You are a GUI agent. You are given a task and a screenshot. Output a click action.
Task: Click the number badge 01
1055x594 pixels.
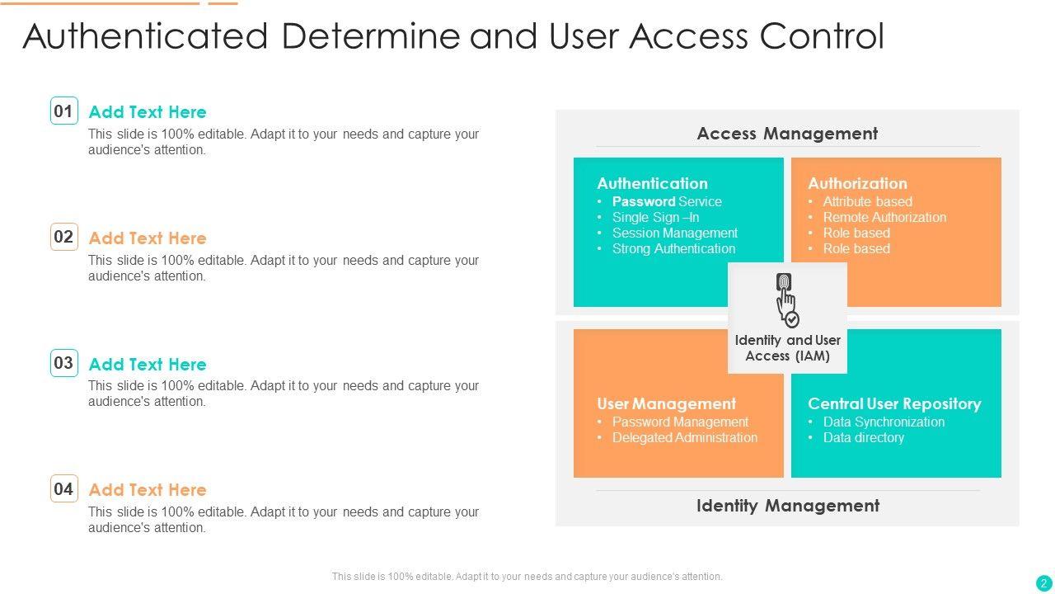[x=63, y=111]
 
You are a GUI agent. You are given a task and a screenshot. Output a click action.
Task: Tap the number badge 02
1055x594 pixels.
[x=63, y=237]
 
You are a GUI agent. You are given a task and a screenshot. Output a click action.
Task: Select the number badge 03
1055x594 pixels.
[x=63, y=363]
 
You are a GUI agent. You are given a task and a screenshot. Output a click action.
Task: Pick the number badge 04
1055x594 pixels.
[x=63, y=488]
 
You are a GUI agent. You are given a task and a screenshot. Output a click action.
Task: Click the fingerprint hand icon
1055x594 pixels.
[x=787, y=299]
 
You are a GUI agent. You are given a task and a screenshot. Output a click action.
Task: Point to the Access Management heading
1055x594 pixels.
[x=787, y=134]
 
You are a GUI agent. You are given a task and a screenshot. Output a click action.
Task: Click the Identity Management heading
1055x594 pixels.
[x=787, y=506]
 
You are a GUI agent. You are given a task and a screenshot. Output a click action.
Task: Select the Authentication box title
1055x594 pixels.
[x=652, y=183]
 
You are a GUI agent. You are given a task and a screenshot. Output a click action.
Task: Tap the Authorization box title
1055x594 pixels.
[x=857, y=183]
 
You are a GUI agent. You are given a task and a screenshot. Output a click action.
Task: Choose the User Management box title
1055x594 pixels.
[x=666, y=403]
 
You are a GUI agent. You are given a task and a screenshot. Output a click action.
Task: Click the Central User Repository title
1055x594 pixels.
[x=894, y=403]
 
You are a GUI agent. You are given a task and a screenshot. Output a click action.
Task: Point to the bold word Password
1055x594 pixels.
[x=644, y=201]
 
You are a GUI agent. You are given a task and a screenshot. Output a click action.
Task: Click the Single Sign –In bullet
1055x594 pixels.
[x=655, y=217]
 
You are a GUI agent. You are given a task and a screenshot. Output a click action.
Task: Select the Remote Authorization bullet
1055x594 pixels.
[x=884, y=217]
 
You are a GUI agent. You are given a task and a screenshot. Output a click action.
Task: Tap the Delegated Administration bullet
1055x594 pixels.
[x=684, y=437]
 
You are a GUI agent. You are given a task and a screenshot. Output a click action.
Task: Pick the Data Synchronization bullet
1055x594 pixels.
[x=884, y=422]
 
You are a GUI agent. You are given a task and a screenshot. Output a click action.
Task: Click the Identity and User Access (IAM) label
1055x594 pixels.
[x=787, y=348]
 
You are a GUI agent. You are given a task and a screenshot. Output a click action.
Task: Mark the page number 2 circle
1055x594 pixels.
[x=1043, y=582]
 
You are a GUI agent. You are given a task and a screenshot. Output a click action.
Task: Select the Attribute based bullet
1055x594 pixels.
[x=867, y=201]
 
